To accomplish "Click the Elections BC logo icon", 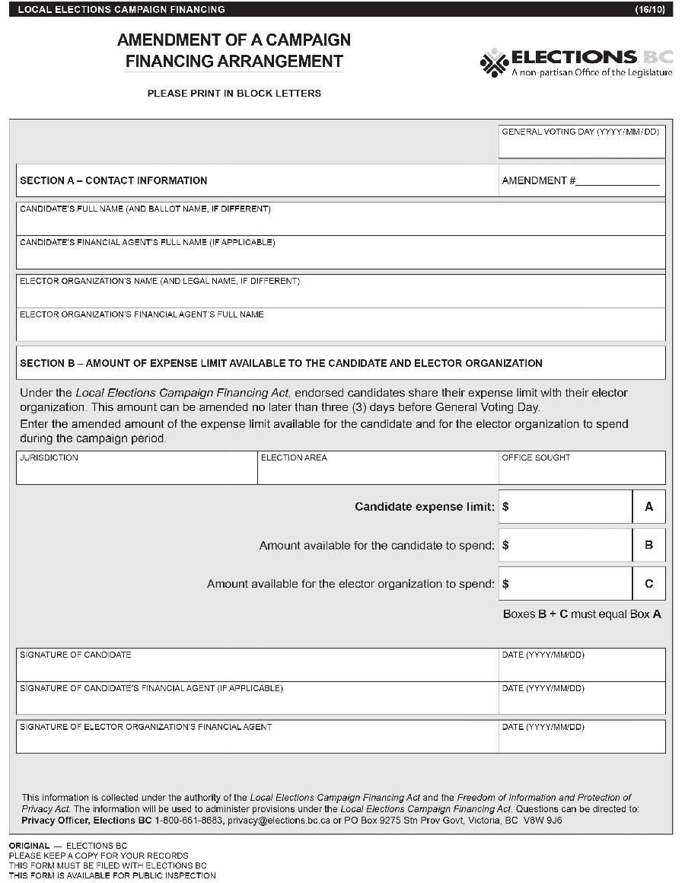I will (494, 62).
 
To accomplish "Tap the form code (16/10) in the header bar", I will (651, 9).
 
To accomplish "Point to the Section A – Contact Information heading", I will (113, 180).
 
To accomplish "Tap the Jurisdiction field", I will (137, 473).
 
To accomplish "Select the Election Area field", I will (378, 473).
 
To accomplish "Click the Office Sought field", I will (581, 473).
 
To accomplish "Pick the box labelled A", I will (649, 507).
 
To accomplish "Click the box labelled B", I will (649, 545).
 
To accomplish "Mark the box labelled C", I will (649, 584).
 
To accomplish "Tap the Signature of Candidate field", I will (257, 669).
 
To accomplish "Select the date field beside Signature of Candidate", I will (581, 669).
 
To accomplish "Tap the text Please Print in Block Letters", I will (234, 94).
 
